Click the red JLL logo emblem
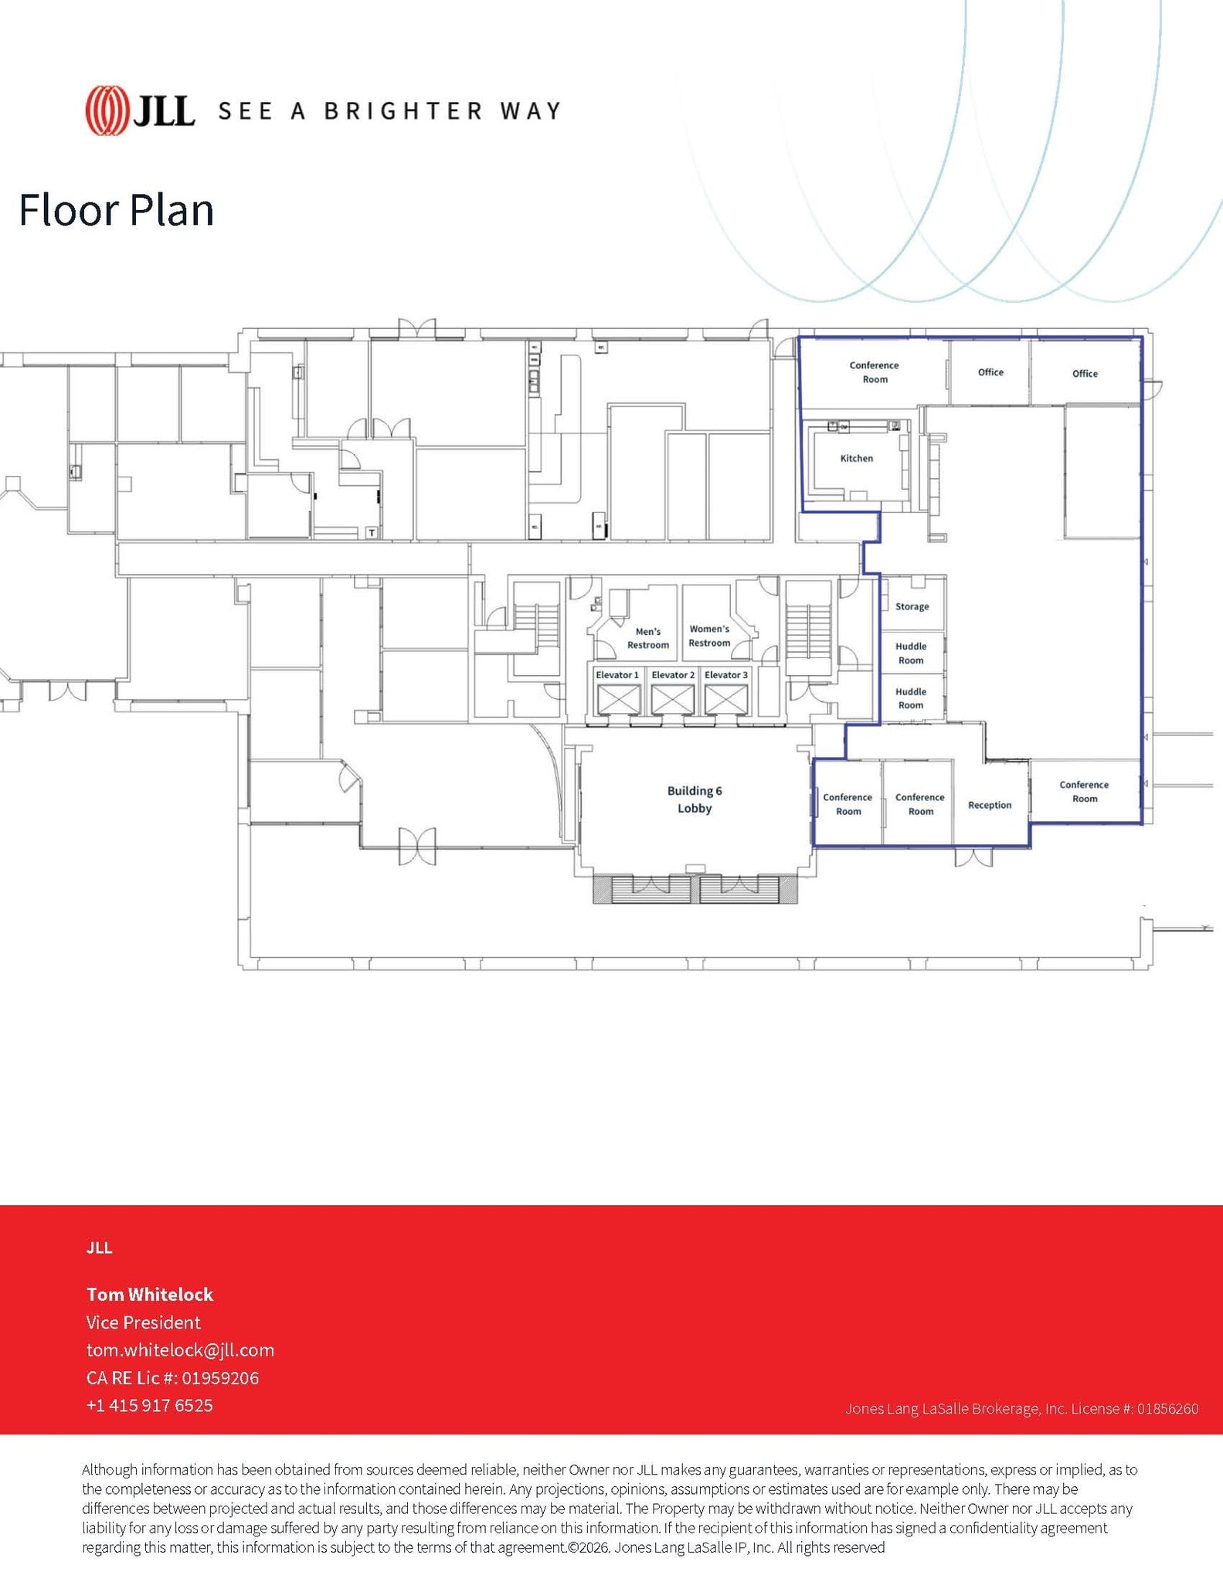107,110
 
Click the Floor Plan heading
116,210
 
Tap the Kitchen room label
856,459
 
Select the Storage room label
912,607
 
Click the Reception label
989,806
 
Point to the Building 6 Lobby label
694,799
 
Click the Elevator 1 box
618,698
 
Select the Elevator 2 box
672,698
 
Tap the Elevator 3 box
726,698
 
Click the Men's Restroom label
647,638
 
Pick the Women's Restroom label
709,636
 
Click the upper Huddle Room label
911,654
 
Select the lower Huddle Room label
911,698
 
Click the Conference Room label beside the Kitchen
875,372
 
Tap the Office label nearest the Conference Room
990,372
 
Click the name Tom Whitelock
150,1295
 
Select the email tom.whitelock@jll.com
180,1350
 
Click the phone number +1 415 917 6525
149,1406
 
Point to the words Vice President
144,1322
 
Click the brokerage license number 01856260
1167,1409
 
